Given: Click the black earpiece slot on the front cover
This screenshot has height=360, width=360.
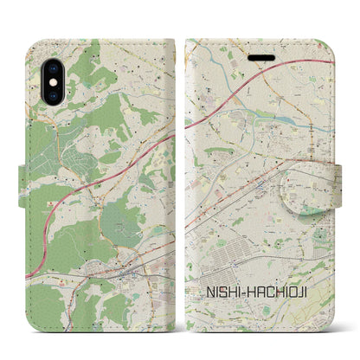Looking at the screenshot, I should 260,54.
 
